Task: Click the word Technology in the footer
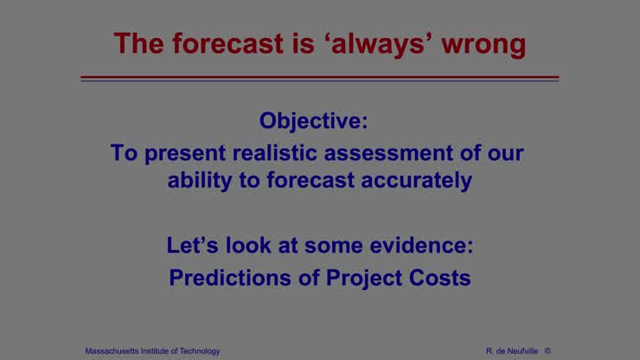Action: (x=197, y=350)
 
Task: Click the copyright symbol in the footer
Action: (x=547, y=350)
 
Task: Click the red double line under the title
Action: (x=319, y=79)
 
